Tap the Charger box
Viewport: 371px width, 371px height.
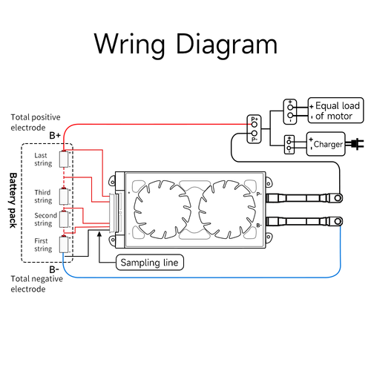[x=326, y=144]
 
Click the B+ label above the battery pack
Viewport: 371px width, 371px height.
[x=56, y=136]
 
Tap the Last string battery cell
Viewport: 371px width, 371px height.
[x=65, y=159]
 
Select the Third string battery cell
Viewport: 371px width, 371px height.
[x=65, y=197]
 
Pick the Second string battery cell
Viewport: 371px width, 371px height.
[x=65, y=220]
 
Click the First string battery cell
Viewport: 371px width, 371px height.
[x=65, y=244]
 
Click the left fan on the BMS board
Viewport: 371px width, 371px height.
[x=157, y=209]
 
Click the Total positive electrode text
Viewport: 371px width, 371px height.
[x=39, y=122]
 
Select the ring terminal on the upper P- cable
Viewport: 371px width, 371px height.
[x=338, y=198]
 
